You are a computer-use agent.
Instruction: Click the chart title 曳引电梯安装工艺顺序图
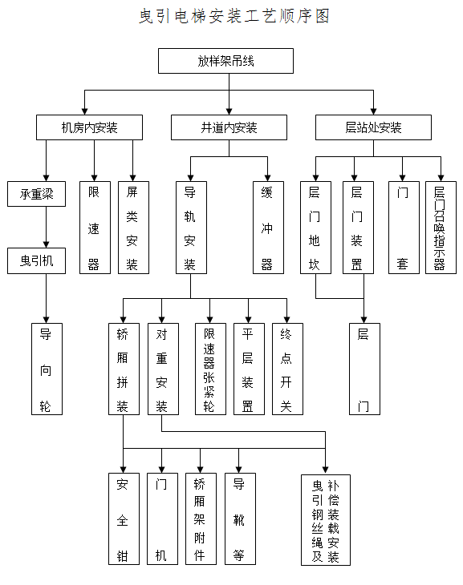pos(234,16)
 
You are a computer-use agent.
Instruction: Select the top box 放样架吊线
pos(225,61)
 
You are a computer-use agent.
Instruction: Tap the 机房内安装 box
pos(89,127)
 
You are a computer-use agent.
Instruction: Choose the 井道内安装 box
pos(229,127)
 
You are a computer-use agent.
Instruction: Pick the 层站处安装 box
pos(373,127)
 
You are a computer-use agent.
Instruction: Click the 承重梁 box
pos(37,194)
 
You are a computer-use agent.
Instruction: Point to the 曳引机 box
pos(37,260)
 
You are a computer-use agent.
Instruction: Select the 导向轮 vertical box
pos(47,369)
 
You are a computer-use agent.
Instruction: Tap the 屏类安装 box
pos(133,228)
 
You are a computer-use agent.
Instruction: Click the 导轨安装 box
pos(191,228)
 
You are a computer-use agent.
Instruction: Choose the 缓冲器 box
pos(268,228)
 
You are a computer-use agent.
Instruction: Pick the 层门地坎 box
pos(316,228)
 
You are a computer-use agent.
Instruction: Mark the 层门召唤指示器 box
pos(441,228)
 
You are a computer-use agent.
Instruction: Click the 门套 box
pos(404,228)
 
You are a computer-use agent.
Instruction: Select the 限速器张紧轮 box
pos(211,369)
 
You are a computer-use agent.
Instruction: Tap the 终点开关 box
pos(287,369)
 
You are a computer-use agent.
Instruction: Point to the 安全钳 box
pos(124,519)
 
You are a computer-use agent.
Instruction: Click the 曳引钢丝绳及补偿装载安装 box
pos(326,520)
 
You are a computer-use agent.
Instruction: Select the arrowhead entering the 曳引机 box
pos(47,244)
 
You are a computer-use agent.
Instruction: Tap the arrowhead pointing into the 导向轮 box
pos(47,320)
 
